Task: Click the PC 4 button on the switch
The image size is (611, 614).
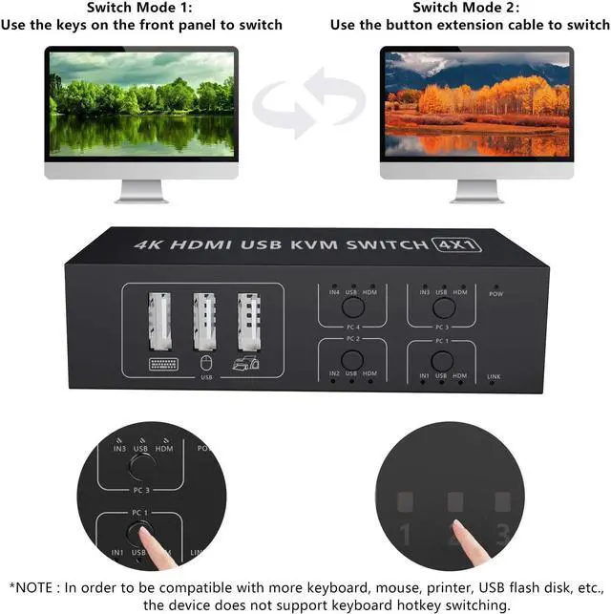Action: tap(352, 307)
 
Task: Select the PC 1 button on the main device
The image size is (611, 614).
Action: tap(441, 360)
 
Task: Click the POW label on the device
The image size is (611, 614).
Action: tap(495, 294)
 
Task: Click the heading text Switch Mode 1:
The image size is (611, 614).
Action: tap(141, 8)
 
